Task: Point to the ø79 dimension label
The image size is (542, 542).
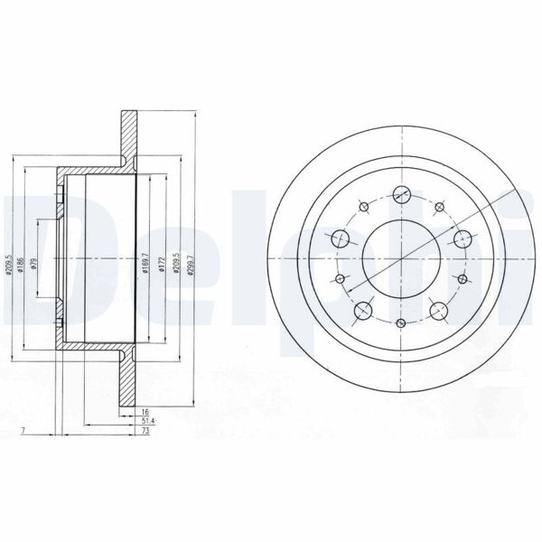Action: [x=33, y=263]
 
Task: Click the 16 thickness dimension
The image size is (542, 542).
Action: [x=145, y=412]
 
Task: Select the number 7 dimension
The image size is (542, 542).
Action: [x=22, y=434]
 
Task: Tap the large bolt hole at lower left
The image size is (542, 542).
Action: [x=364, y=310]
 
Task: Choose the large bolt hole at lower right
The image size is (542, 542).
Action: [x=440, y=310]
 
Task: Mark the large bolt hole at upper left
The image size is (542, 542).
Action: [x=341, y=238]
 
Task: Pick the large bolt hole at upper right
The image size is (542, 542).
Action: [x=463, y=238]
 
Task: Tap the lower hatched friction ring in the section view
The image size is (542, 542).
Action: [x=127, y=380]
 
